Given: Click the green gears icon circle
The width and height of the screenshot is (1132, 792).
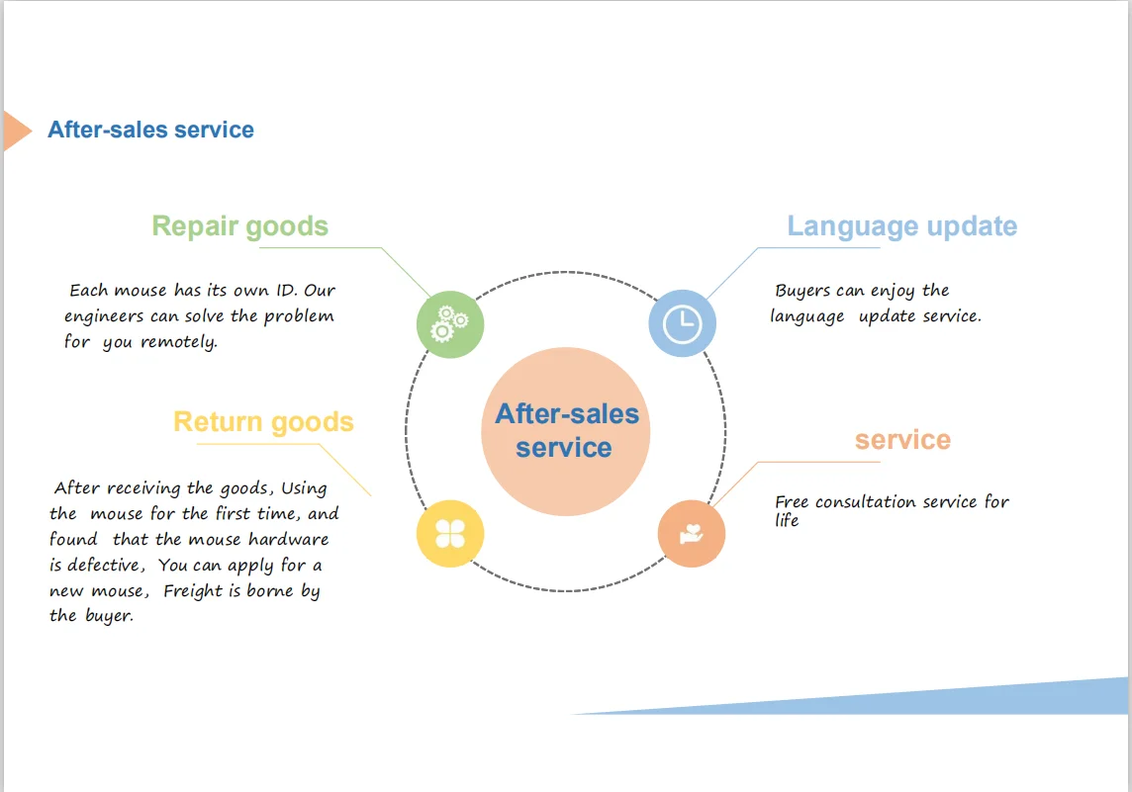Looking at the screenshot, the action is coord(450,324).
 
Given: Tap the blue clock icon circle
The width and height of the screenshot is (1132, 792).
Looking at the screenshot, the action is coord(682,323).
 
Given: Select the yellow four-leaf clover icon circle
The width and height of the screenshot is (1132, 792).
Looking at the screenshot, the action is coord(450,534).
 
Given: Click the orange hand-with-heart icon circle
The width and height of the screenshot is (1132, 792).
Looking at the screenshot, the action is coord(692,534).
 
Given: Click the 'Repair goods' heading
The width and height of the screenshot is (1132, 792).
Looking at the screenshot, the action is coord(239,226).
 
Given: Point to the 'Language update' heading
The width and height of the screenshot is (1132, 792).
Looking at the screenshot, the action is coord(901,226).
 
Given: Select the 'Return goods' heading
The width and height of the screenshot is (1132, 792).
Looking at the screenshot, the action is coord(263,422).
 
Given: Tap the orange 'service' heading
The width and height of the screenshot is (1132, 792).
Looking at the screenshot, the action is coord(902,440).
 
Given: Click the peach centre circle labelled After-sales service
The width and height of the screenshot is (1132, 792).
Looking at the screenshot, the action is coord(566,431).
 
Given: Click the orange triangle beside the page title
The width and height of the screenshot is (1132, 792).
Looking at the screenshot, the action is coord(15,131).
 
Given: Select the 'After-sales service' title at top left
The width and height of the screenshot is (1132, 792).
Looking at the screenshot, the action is coord(150,131).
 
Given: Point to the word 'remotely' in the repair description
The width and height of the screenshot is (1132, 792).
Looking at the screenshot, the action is coord(178,342).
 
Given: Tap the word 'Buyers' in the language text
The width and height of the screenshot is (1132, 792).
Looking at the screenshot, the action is coord(802,291).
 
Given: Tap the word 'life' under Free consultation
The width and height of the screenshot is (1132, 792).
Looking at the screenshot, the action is coord(787,521).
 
